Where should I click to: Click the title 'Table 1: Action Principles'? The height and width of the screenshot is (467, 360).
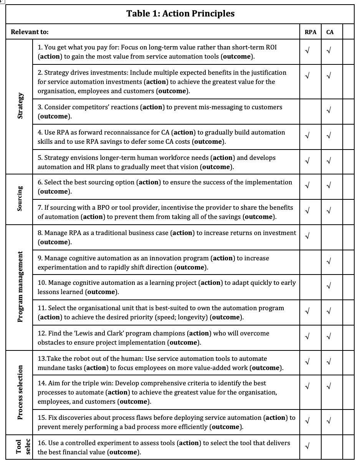coord(180,14)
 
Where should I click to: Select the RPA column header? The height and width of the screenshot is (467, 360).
coord(310,32)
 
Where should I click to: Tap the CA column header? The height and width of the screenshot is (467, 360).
coord(330,32)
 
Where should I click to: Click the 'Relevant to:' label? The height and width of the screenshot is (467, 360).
coord(30,32)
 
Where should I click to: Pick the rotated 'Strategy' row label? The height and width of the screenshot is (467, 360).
coord(20,107)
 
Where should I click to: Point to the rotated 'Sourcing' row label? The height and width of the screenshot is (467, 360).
coord(20,199)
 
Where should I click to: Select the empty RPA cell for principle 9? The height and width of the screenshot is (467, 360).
coord(310,263)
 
